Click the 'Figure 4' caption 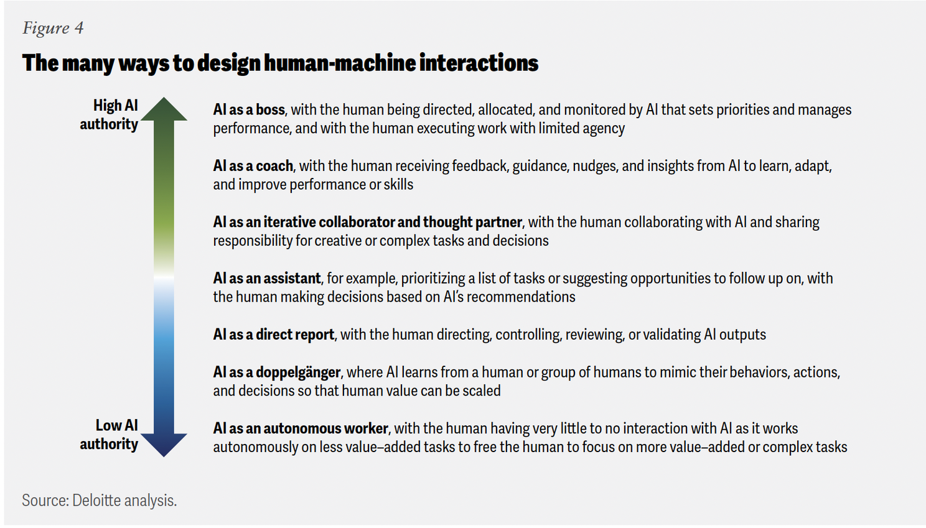53,28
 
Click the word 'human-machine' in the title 339,63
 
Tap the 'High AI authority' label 109,115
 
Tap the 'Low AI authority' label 109,435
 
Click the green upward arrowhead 164,109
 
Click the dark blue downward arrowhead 164,445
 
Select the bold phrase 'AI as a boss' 249,109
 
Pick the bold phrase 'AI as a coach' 253,165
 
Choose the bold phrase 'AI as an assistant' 266,278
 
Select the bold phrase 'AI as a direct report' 274,334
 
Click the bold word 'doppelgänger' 298,373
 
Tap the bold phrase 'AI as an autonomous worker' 301,428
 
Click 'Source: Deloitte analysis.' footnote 99,500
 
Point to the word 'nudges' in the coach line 594,166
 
